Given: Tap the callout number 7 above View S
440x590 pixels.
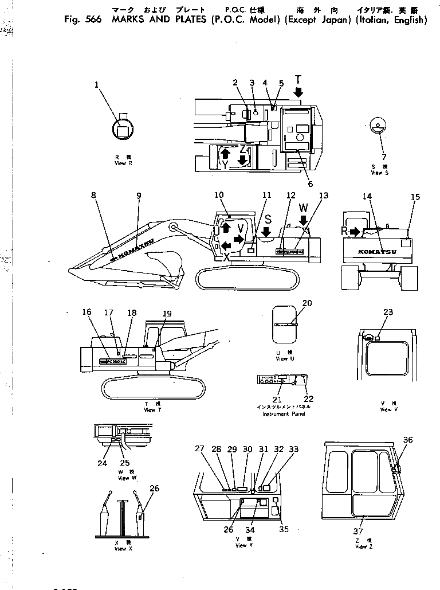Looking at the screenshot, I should pyautogui.click(x=384, y=157).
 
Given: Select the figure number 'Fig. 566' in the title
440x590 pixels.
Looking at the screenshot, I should pyautogui.click(x=83, y=19).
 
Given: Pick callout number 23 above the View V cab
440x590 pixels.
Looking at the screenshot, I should pyautogui.click(x=388, y=312).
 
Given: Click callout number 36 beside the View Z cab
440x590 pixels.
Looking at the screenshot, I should pyautogui.click(x=407, y=440).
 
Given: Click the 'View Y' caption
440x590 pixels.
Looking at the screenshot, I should pyautogui.click(x=241, y=545).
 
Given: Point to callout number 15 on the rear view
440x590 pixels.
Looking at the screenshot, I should pyautogui.click(x=415, y=197).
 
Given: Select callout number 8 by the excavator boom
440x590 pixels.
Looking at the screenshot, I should pyautogui.click(x=93, y=195).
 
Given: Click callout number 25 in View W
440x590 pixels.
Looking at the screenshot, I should pyautogui.click(x=125, y=462).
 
